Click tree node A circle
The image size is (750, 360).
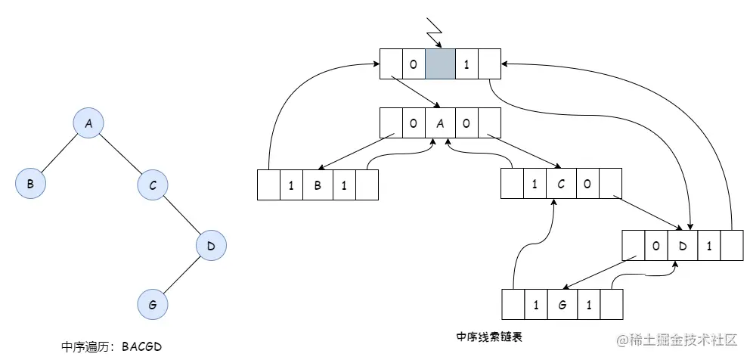click(88, 123)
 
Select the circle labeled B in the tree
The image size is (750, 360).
click(30, 184)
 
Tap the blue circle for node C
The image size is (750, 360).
click(152, 184)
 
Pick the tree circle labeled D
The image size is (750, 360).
click(211, 245)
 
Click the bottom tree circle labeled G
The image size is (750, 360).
click(152, 305)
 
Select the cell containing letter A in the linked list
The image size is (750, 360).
click(440, 123)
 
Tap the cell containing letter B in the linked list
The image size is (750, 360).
click(318, 185)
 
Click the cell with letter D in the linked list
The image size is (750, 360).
click(683, 245)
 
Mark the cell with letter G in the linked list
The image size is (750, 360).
click(561, 305)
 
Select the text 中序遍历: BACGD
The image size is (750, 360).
click(112, 346)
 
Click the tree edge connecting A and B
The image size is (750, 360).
click(59, 154)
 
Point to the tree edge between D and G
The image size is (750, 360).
click(181, 275)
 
